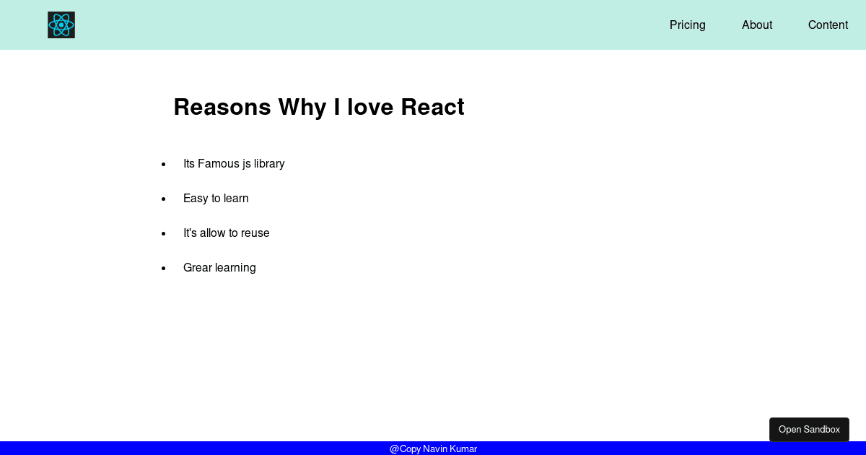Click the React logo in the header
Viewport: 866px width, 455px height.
click(61, 25)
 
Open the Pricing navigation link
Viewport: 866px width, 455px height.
click(687, 25)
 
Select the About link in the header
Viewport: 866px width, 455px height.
click(756, 25)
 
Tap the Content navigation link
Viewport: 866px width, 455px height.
click(828, 25)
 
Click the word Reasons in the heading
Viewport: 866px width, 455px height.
click(222, 107)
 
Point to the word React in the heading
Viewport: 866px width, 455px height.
click(432, 107)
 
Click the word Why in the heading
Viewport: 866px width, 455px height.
click(302, 108)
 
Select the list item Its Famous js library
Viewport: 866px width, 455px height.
click(234, 164)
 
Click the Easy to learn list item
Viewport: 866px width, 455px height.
click(216, 198)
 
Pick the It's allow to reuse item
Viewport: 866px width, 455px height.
click(226, 233)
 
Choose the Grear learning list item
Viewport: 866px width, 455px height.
click(219, 268)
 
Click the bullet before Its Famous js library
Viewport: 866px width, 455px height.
click(164, 165)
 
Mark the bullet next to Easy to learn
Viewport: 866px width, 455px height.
click(164, 199)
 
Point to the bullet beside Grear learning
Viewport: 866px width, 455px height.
click(164, 268)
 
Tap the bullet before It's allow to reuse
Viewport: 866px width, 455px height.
click(164, 234)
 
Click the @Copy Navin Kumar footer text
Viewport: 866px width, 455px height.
click(433, 448)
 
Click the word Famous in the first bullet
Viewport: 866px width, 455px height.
click(219, 164)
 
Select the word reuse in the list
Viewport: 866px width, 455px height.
click(255, 233)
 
